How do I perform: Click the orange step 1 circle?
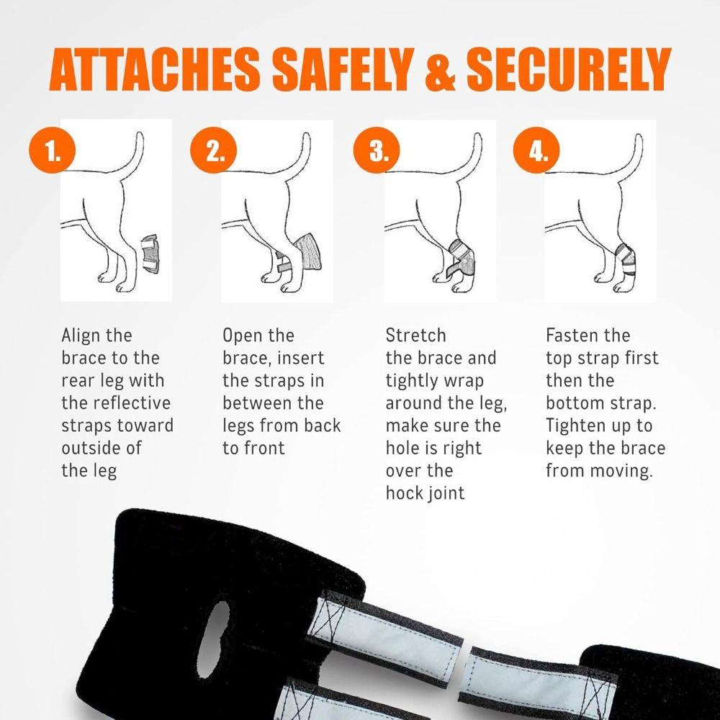[52, 153]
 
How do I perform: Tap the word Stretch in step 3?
[415, 336]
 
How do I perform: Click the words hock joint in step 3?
[425, 493]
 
